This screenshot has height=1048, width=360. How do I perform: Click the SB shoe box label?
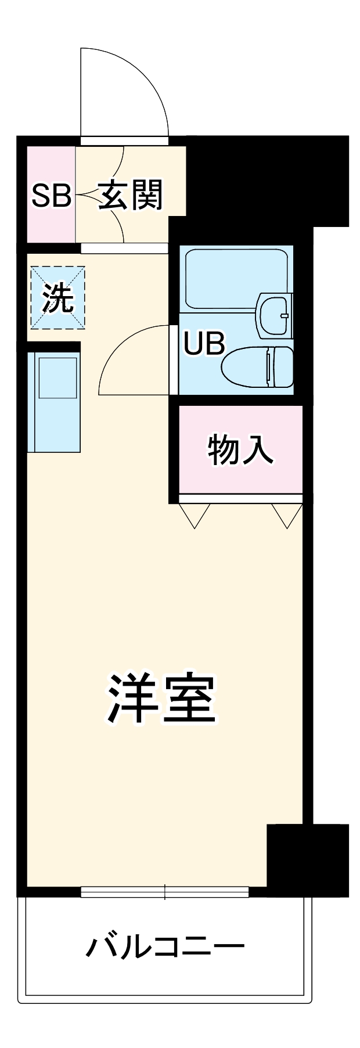pos(51,196)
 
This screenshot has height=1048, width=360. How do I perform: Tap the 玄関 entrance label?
pos(130,196)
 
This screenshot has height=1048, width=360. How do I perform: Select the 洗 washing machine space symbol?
pos(57,298)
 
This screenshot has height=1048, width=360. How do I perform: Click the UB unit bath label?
pos(204,344)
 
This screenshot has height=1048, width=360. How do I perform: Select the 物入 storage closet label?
pos(240,450)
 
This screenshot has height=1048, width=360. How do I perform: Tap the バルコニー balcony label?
pos(165,947)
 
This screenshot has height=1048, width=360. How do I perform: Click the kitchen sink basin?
pos(57,377)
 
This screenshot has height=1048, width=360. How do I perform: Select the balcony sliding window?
pos(165,891)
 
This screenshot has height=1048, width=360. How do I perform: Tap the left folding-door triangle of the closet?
pos(194,514)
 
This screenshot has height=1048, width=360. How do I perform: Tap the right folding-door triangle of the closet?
pos(287,514)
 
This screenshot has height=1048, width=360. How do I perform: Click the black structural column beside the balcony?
pos(307,859)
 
